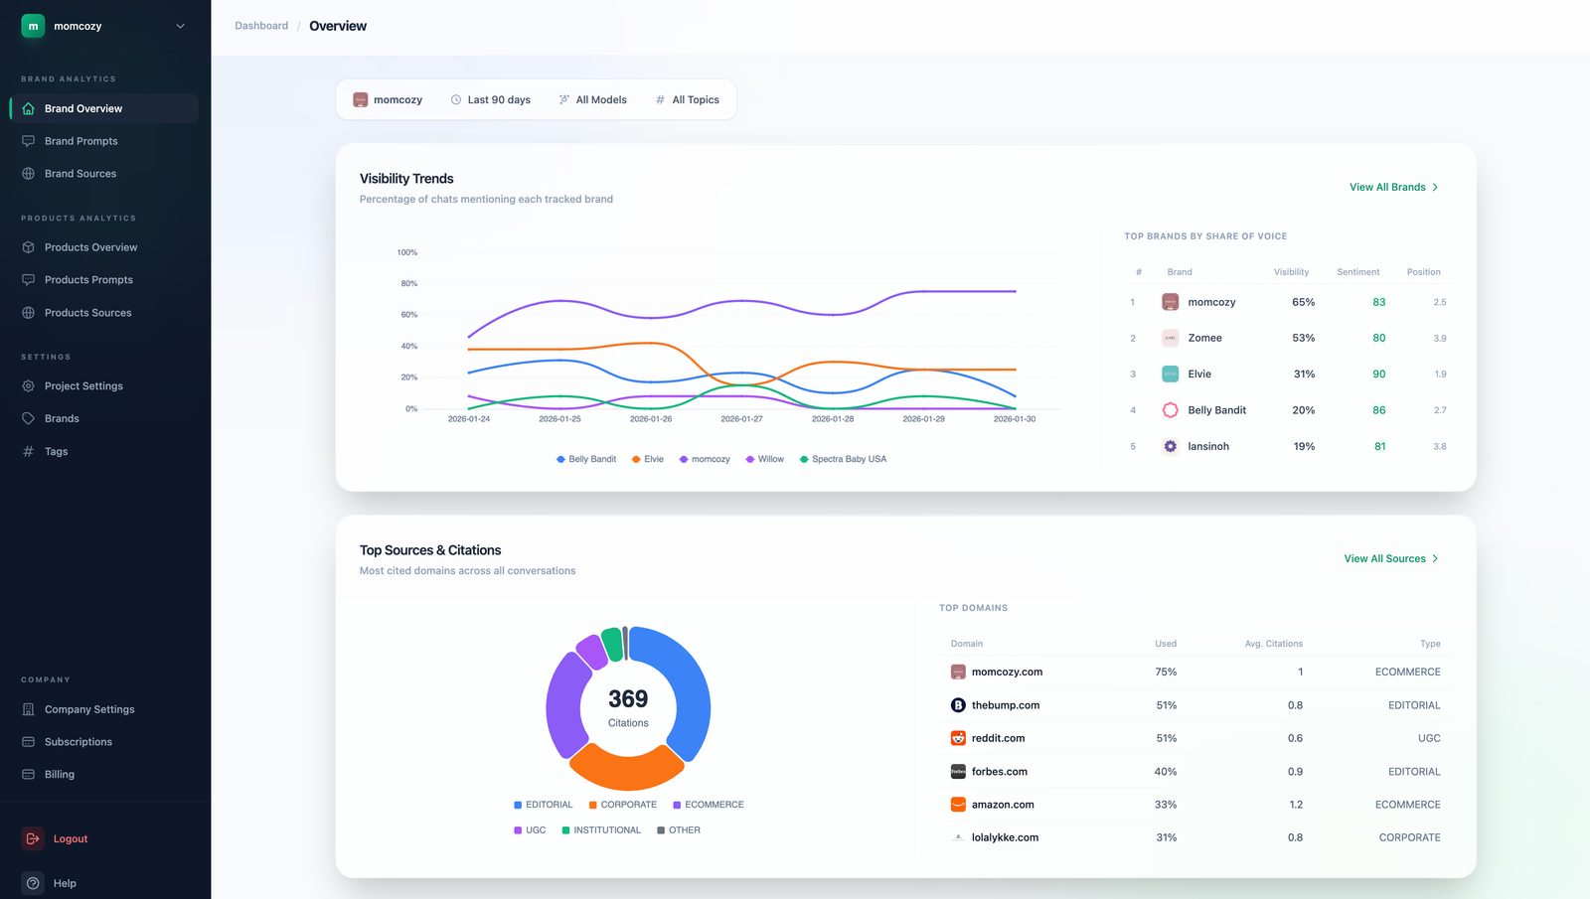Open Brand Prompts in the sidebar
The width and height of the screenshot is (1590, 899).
80,141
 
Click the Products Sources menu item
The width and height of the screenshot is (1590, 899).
87,313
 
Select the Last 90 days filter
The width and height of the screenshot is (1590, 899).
491,100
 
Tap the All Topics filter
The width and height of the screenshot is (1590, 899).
688,100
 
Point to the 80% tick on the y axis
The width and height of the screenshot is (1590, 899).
408,284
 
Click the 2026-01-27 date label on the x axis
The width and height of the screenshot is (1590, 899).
741,419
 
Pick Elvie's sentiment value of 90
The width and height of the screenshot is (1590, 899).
1378,375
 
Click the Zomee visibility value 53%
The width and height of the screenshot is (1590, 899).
1303,339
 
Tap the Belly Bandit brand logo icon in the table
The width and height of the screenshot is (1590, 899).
1170,410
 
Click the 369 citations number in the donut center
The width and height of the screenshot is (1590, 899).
628,699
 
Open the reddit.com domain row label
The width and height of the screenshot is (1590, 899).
998,739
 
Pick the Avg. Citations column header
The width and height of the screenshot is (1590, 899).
1273,644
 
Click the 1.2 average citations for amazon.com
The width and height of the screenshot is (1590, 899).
1295,805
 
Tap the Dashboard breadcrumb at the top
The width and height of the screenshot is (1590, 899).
261,26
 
